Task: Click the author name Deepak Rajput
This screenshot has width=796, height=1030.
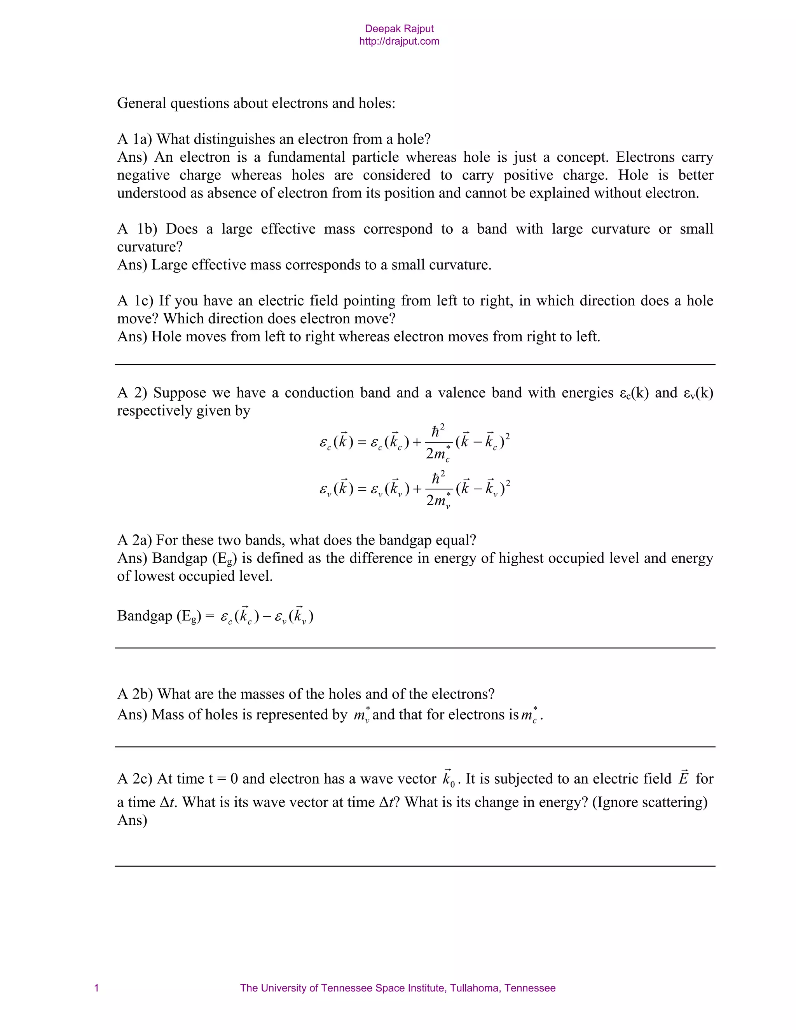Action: [x=399, y=29]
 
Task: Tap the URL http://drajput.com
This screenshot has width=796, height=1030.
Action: [x=399, y=42]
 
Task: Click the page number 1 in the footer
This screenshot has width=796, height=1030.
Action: [x=97, y=988]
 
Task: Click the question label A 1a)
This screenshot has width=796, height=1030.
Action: [x=134, y=139]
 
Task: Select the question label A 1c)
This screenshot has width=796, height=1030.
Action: [x=135, y=300]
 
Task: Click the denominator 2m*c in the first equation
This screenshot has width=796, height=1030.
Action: [x=438, y=454]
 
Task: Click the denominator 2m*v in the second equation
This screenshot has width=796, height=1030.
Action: [x=438, y=500]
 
